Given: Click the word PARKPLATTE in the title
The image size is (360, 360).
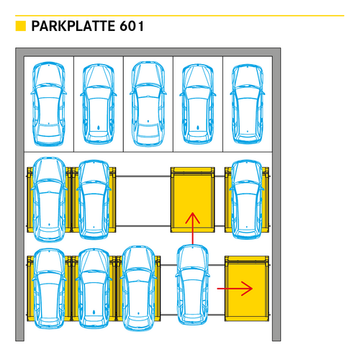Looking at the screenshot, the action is click(x=73, y=26).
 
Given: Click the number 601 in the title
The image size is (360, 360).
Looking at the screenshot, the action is click(x=132, y=26).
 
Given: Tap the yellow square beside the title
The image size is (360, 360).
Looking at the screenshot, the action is click(x=21, y=26).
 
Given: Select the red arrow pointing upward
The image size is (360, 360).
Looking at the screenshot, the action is click(x=192, y=228).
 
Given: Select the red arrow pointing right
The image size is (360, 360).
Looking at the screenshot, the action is click(x=235, y=289).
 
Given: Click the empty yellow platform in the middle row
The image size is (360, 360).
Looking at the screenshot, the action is click(x=192, y=199).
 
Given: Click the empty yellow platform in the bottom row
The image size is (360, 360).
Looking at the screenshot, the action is click(x=247, y=289).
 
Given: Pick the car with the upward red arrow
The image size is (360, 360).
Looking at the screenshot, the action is click(x=192, y=284).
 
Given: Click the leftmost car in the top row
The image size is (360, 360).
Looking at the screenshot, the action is click(x=49, y=104).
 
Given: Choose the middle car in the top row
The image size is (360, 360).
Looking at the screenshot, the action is click(x=148, y=104).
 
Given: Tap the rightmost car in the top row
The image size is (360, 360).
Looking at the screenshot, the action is click(x=248, y=104).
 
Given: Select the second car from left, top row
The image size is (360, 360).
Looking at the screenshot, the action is click(x=99, y=104).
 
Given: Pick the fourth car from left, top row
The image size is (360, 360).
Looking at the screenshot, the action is click(x=198, y=104).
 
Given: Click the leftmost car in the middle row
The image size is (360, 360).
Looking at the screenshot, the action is click(x=49, y=199).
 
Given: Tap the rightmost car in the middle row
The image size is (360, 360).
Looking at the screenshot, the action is click(x=247, y=199).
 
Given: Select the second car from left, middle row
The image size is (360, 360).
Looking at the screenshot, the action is click(x=94, y=199).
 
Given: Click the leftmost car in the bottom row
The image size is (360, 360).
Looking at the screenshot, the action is click(x=49, y=289).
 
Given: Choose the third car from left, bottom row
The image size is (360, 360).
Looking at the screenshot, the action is click(x=138, y=288).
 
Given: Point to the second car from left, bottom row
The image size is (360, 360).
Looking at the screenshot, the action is click(x=94, y=289).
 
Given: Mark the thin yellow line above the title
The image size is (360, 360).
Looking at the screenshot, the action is click(x=180, y=16).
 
